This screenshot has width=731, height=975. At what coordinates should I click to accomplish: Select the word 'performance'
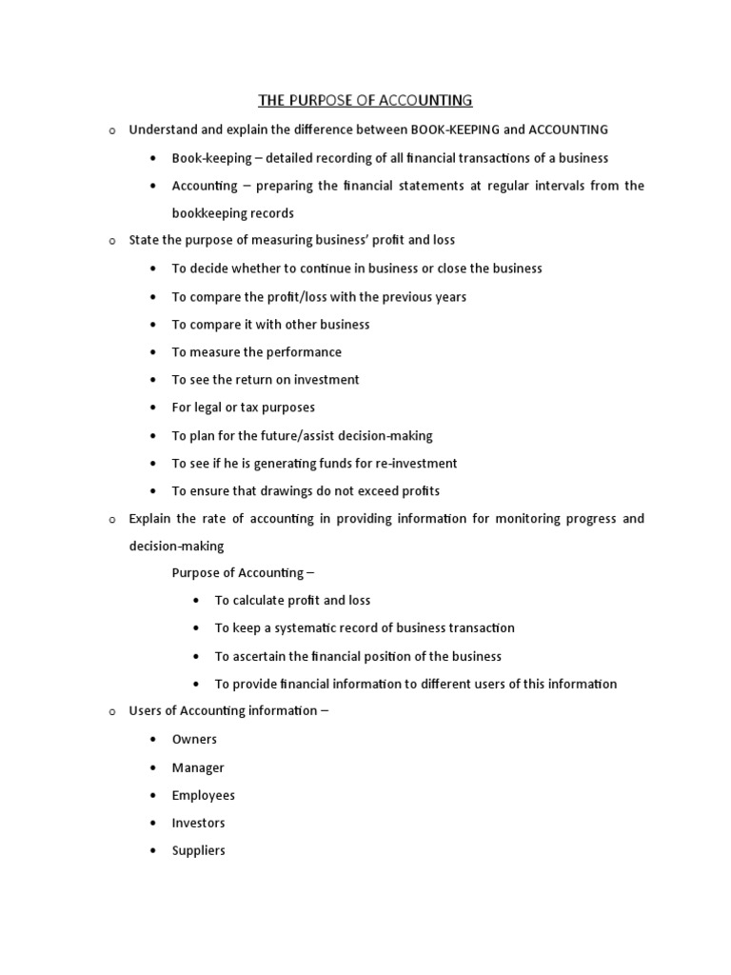click(301, 352)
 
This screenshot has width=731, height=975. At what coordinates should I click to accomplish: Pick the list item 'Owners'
click(194, 740)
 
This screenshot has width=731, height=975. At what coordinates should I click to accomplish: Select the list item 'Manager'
click(198, 767)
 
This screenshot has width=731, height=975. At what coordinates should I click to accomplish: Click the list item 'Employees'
click(203, 795)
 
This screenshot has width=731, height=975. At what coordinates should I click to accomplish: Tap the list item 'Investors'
click(198, 823)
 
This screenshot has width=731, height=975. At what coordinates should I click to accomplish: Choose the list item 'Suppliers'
click(198, 850)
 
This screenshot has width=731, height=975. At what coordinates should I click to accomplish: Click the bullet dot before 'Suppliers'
click(153, 851)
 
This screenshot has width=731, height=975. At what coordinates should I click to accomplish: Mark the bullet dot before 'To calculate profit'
click(196, 601)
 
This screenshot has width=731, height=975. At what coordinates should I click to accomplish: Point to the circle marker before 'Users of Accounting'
click(110, 712)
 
